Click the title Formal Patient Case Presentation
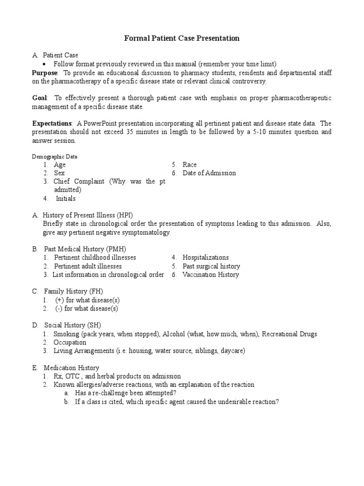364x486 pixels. (182, 38)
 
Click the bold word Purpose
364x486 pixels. (45, 73)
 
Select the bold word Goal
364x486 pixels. (40, 98)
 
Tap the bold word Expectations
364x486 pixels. (52, 123)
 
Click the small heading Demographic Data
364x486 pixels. (55, 156)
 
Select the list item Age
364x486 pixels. (60, 165)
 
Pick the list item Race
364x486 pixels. (190, 165)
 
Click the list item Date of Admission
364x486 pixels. (209, 173)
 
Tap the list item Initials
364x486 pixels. (65, 199)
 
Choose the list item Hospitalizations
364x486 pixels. (206, 258)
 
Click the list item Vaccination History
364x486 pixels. (211, 275)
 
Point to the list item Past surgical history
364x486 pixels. (211, 266)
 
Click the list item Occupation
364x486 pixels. (70, 342)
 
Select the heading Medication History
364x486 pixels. (72, 368)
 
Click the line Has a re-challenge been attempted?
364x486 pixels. (126, 393)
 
